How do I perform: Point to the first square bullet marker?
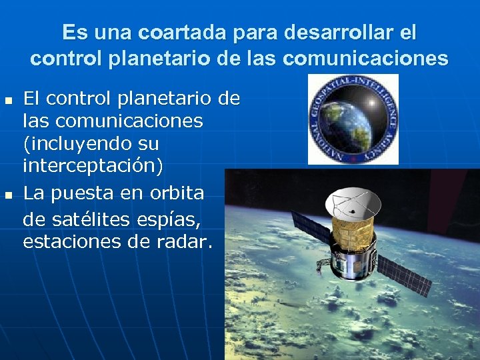(8, 101)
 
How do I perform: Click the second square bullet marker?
(8, 195)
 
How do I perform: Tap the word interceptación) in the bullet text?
(93, 166)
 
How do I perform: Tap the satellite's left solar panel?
(311, 227)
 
